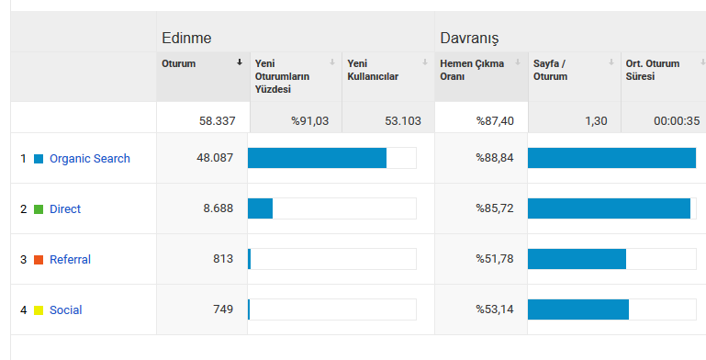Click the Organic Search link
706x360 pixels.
coord(90,159)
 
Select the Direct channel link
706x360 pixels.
coord(65,209)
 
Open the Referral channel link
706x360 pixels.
coord(71,260)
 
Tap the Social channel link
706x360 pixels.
coord(66,310)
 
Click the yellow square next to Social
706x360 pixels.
coord(39,310)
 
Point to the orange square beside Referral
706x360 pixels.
coord(39,260)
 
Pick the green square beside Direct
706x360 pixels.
coord(39,209)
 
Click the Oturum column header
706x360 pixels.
coord(179,63)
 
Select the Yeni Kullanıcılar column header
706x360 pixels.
coord(373,70)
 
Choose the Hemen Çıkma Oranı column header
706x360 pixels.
coord(472,70)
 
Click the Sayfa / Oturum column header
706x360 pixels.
coord(550,70)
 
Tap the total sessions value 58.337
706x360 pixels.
coord(217,120)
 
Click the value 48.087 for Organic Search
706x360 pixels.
coord(215,158)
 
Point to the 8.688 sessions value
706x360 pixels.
coord(218,208)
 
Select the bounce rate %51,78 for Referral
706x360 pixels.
coord(495,259)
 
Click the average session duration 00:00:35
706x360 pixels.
coord(677,120)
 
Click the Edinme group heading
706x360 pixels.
coord(186,38)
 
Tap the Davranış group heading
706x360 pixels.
coord(469,39)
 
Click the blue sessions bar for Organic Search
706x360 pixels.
coord(317,158)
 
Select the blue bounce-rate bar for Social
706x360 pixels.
coord(578,309)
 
